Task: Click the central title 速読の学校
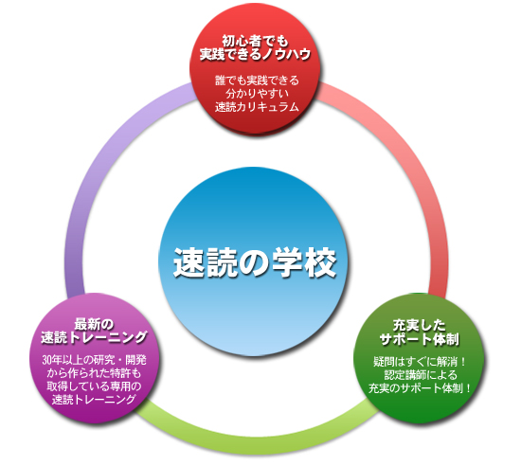point(255,262)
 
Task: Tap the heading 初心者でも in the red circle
point(255,42)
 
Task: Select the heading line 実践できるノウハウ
point(255,54)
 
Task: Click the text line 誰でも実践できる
point(257,81)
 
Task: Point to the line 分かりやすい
point(257,94)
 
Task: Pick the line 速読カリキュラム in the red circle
point(257,107)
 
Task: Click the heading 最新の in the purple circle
point(94,324)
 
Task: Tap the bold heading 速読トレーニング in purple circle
point(94,337)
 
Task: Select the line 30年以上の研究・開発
point(94,360)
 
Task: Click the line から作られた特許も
point(94,373)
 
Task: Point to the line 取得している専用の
point(94,386)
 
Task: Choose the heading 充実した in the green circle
point(419,325)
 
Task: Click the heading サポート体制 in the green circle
point(420,339)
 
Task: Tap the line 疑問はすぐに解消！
point(420,362)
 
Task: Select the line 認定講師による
point(421,375)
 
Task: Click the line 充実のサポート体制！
point(420,387)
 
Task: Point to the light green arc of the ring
point(256,445)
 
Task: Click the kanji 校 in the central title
point(321,262)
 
